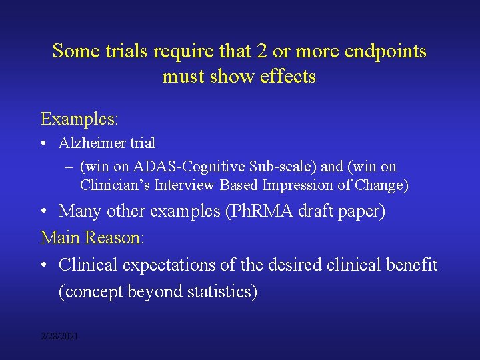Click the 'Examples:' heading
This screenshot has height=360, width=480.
pos(79,119)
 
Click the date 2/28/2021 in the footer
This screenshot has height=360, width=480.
pos(59,337)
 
